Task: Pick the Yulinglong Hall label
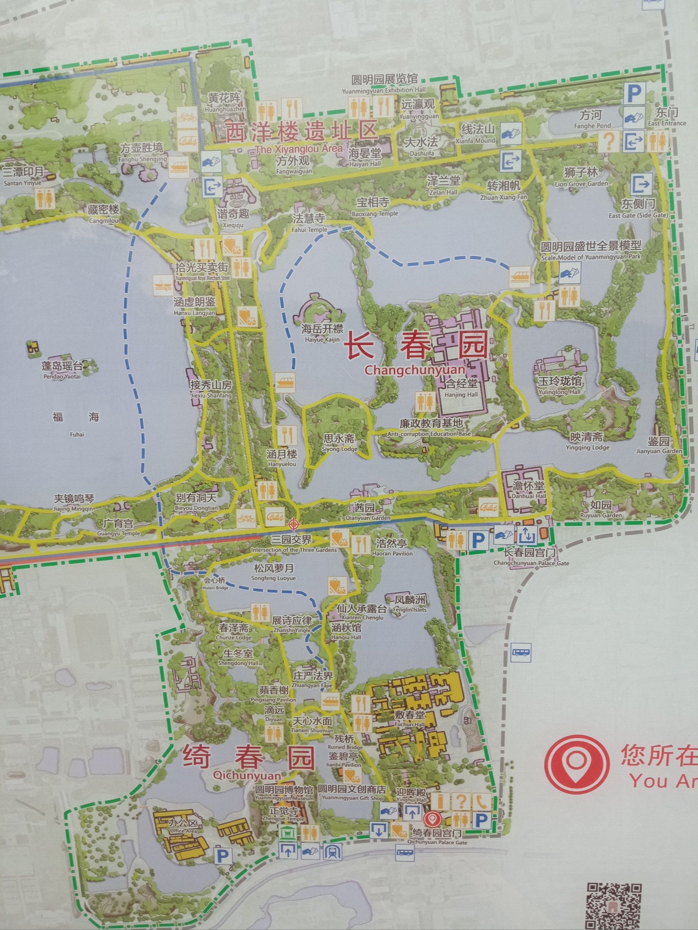(x=559, y=385)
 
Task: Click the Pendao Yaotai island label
(x=62, y=369)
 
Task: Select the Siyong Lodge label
(x=339, y=442)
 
